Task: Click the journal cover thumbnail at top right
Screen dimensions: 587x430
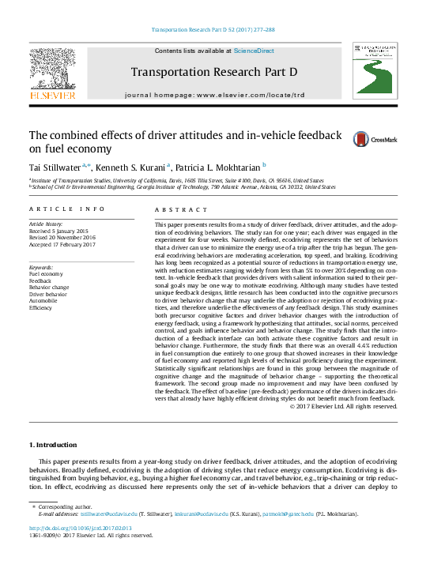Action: coord(375,71)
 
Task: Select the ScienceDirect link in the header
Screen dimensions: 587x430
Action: coord(254,51)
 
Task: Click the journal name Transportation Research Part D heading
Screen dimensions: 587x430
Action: coord(214,73)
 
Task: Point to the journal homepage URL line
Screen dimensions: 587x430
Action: coord(214,95)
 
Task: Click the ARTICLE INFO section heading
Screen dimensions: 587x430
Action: coord(66,209)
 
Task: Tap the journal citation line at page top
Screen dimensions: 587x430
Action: coord(214,30)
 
